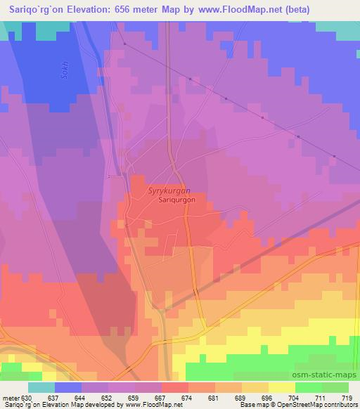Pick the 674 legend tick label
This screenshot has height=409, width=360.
click(x=188, y=398)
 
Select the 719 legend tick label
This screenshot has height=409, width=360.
click(x=346, y=398)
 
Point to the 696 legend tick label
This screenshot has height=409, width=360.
click(x=266, y=398)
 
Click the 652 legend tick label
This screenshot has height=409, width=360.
click(x=108, y=398)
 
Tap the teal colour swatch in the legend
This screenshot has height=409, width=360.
click(x=41, y=387)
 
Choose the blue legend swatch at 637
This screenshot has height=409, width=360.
click(x=68, y=387)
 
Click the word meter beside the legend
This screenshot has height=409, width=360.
click(x=11, y=398)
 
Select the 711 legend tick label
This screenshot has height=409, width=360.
click(x=320, y=398)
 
